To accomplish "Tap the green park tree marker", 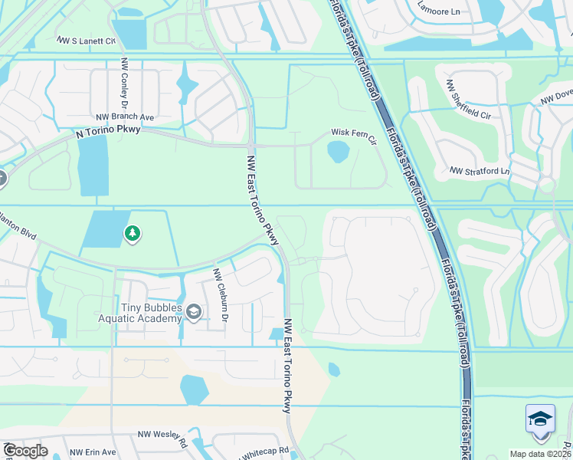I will (x=133, y=233).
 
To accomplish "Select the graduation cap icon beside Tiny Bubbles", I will (x=194, y=311).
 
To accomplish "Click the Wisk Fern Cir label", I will (x=354, y=133).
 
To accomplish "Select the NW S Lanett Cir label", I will (x=86, y=40).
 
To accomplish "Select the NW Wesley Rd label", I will (x=162, y=438).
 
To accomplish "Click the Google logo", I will (x=26, y=451).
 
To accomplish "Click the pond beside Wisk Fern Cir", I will (x=338, y=152).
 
